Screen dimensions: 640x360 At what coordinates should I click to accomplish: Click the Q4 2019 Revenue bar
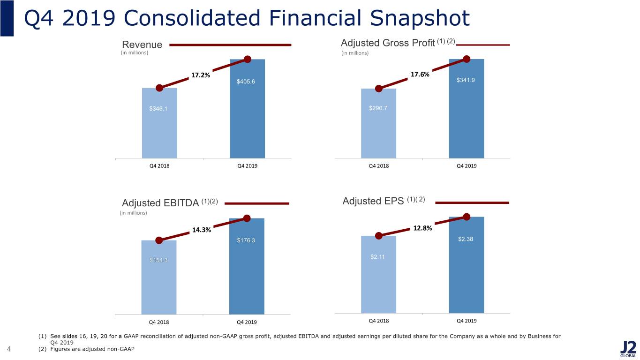(x=247, y=109)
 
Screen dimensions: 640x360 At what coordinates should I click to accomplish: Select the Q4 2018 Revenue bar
(x=159, y=123)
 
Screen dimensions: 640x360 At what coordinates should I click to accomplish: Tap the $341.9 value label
(x=466, y=80)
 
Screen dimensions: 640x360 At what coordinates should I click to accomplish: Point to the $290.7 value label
(x=378, y=108)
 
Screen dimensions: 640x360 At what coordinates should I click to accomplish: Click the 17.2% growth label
(x=200, y=75)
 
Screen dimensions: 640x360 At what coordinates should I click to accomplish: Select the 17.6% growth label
(x=420, y=74)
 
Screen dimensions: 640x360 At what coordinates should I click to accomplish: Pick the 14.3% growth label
(x=202, y=230)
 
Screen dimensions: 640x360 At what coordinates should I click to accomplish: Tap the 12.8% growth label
(x=422, y=228)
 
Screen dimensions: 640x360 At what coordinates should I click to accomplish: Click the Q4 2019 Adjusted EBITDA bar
(x=247, y=266)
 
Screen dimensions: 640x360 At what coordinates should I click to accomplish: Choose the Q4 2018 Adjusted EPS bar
(x=378, y=274)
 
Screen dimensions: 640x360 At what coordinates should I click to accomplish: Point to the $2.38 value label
(x=466, y=239)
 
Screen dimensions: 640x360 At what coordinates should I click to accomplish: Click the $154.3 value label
(x=158, y=260)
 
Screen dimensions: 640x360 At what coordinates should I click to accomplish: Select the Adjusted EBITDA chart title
(x=170, y=202)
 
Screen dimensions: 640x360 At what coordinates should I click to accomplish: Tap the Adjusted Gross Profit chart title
(x=398, y=43)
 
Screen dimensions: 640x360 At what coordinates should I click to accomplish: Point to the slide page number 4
(x=9, y=349)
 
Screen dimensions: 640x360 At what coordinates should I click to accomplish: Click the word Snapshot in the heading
(x=420, y=18)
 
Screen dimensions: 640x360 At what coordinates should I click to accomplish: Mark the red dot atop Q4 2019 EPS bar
(x=467, y=217)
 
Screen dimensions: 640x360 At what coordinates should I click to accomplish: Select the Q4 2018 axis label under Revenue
(x=159, y=166)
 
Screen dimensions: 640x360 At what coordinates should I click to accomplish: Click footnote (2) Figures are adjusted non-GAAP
(x=86, y=349)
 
